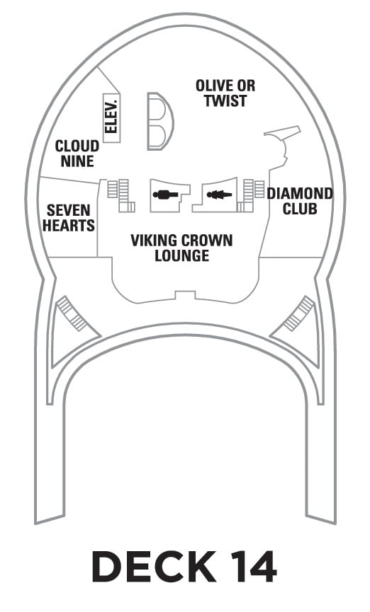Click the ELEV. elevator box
[111, 117]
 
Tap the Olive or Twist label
[225, 93]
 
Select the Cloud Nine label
[77, 154]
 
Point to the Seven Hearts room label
[69, 218]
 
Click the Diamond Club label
[300, 201]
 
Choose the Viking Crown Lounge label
[181, 248]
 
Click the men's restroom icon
[165, 195]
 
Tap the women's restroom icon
[219, 194]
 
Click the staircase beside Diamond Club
[250, 195]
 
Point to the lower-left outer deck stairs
[71, 314]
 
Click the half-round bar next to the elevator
[159, 121]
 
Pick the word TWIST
[225, 100]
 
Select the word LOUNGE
[181, 255]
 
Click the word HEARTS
[69, 225]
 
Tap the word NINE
[77, 161]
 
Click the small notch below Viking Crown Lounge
[185, 295]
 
